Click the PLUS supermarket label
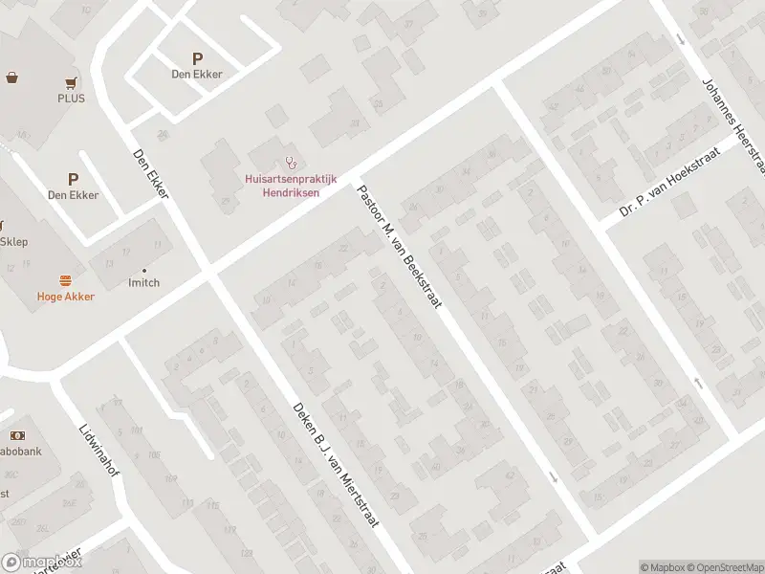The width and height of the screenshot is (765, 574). coord(71,99)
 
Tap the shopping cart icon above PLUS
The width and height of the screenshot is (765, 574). coord(71,83)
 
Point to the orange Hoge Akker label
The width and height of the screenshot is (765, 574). coord(66,297)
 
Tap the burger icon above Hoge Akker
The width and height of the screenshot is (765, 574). coord(66,280)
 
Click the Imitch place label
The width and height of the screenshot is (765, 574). coord(143,282)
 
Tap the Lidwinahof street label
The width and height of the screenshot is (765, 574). coord(98,452)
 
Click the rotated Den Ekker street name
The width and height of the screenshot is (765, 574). coord(151,173)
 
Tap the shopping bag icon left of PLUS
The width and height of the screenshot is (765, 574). coord(13,77)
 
